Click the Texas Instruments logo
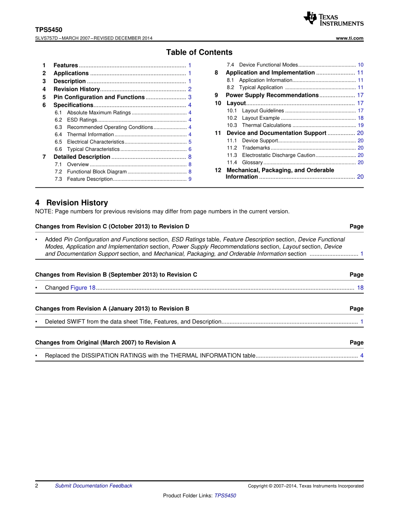coord(333,19)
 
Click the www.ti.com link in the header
coord(350,38)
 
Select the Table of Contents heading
coord(199,53)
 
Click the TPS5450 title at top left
coord(49,30)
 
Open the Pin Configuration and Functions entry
coord(99,97)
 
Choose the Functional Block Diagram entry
coord(97,172)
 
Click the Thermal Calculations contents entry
coord(266,125)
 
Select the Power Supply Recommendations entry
coord(272,95)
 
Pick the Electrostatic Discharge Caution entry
coord(278,155)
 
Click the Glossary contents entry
coord(252,163)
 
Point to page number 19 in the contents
coord(361,125)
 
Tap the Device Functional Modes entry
coord(268,65)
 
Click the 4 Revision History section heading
coord(71,203)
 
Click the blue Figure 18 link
coord(83,288)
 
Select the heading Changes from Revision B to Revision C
coord(116,275)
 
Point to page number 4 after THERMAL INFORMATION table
coord(362,356)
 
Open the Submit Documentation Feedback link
coord(93,486)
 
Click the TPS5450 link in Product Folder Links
coord(225,496)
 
